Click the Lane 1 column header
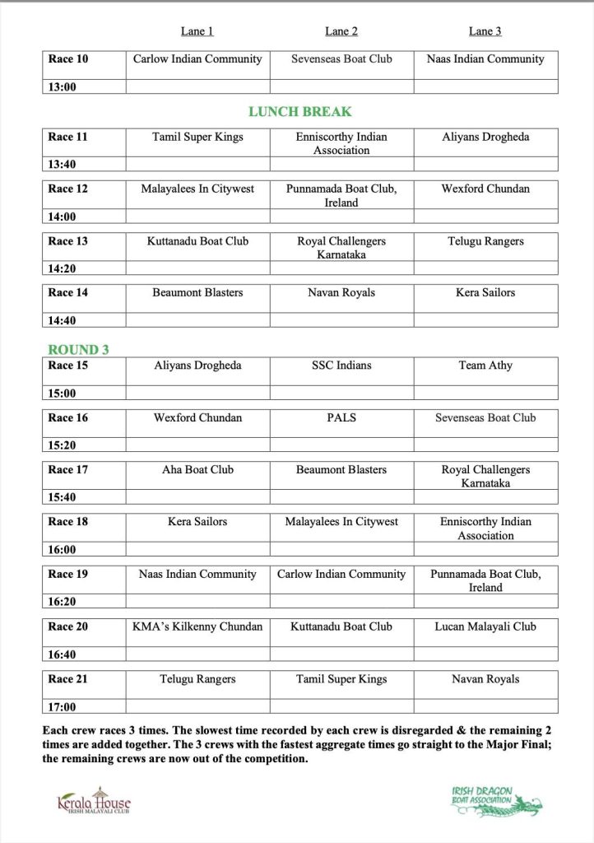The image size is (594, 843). tap(197, 31)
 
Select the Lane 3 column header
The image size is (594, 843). tap(485, 31)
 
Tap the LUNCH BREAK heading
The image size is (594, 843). tap(300, 111)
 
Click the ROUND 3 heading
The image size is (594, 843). tap(79, 349)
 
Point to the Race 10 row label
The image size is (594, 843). tap(68, 59)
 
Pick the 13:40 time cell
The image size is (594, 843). tap(63, 165)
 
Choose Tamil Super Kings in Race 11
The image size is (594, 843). tap(197, 137)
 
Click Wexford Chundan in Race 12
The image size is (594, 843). tap(485, 189)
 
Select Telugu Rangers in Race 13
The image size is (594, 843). tap(485, 241)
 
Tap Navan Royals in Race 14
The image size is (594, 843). tap(341, 292)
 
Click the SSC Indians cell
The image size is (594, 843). tap(341, 365)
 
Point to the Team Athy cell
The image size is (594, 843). tap(485, 365)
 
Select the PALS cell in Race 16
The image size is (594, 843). tap(341, 417)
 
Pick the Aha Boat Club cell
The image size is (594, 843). tap(197, 469)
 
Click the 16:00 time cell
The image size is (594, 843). tap(63, 550)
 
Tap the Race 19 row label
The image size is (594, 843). tap(68, 574)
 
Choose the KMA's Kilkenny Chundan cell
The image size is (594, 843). tap(197, 626)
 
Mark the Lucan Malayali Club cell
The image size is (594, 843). tap(485, 626)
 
